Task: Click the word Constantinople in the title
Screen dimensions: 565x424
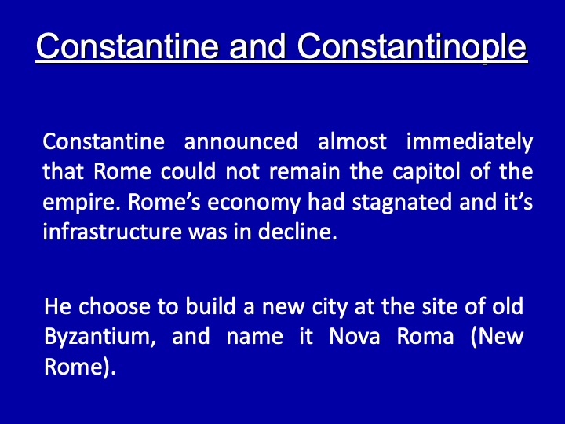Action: [x=412, y=46]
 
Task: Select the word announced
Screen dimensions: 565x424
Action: [x=241, y=141]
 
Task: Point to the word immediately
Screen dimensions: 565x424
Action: [x=469, y=142]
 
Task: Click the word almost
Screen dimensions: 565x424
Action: [x=352, y=141]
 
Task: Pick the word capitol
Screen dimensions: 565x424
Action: [x=426, y=172]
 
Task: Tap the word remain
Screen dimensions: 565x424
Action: [x=304, y=172]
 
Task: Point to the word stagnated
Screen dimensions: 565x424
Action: [x=402, y=203]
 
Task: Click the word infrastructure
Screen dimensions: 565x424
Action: [x=112, y=232]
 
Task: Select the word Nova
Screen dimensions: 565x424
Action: [x=355, y=336]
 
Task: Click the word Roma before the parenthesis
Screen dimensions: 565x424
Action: [x=425, y=336]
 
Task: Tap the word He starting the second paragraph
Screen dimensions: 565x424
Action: [x=57, y=306]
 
